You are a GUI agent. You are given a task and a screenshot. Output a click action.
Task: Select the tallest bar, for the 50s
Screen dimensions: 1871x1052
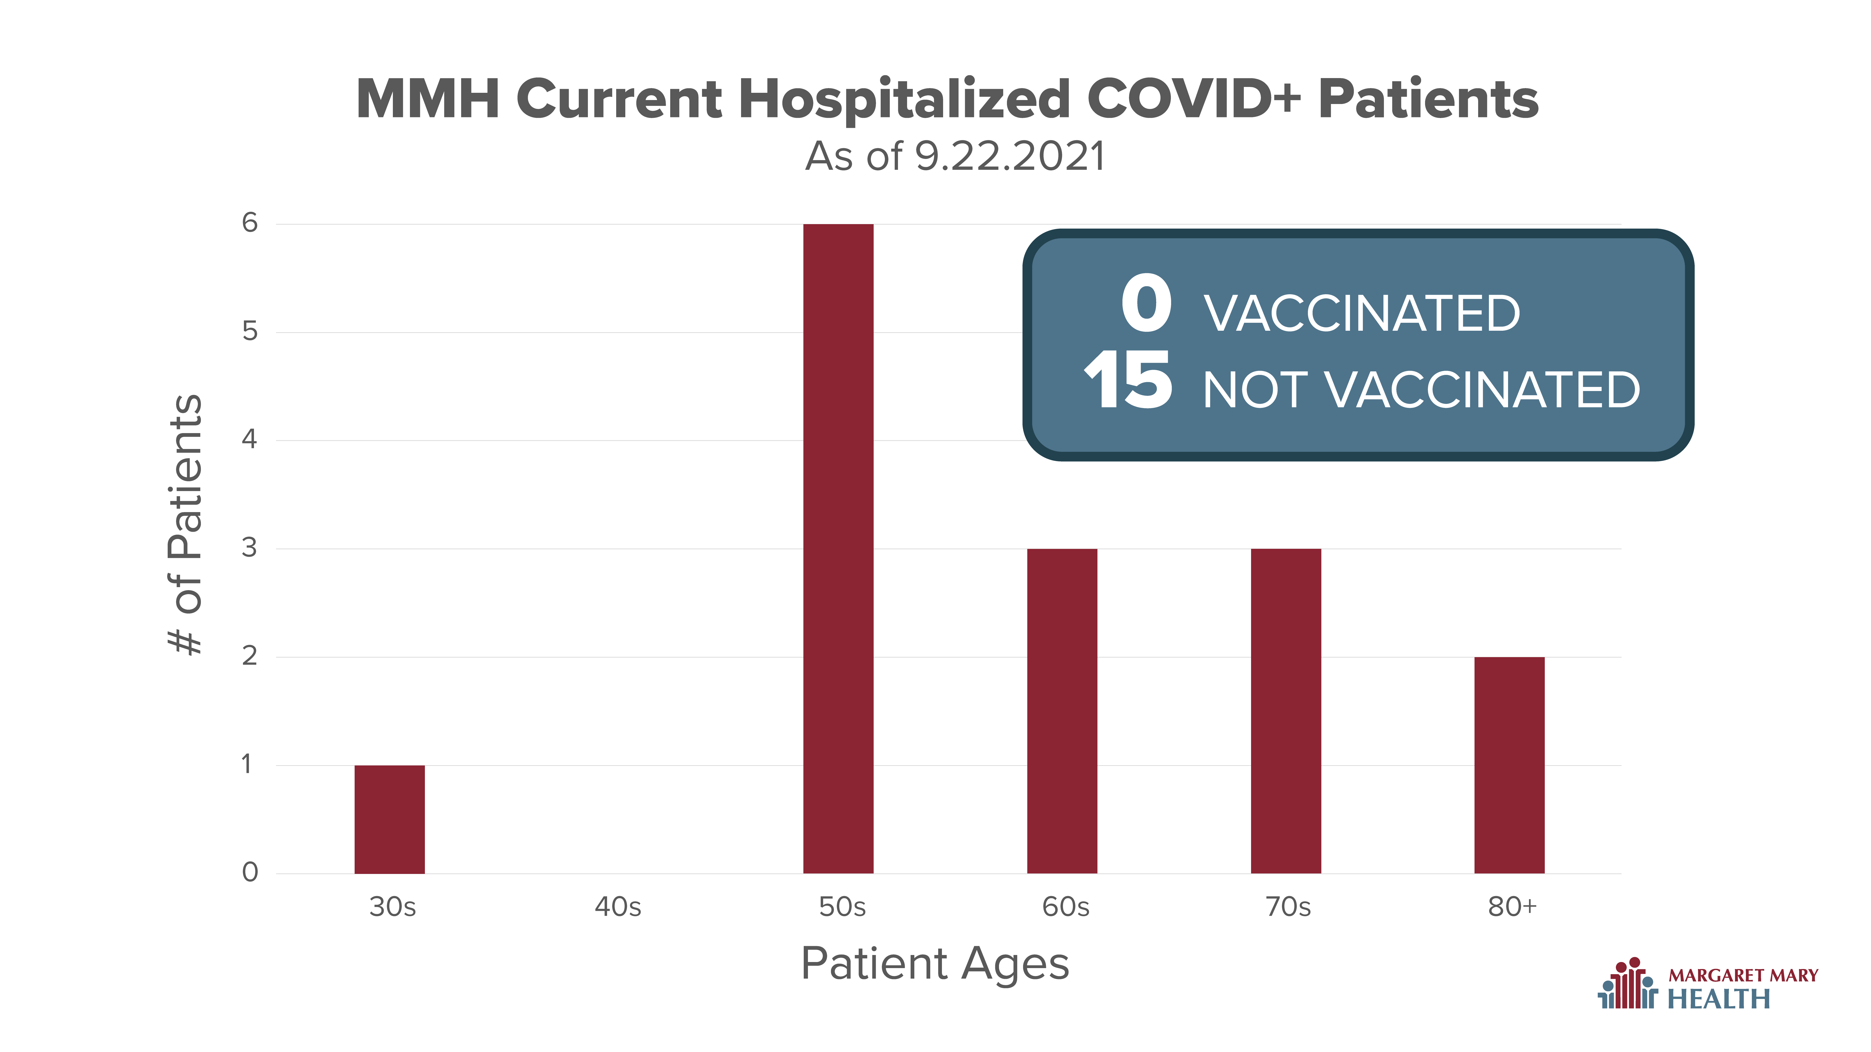(x=838, y=549)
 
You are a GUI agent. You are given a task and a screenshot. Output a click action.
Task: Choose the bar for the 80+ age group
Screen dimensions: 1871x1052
(x=1509, y=765)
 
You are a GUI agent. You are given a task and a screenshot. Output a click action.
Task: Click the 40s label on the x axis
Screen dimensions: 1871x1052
(x=617, y=907)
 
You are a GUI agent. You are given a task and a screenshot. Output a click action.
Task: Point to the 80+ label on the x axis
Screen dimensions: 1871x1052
(x=1512, y=907)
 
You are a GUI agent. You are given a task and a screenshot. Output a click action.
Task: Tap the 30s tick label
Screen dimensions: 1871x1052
(x=392, y=907)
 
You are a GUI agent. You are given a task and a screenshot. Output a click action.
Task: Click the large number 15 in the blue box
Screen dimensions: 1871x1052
(x=1128, y=379)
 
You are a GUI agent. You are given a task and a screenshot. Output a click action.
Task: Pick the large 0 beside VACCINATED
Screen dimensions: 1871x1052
(x=1146, y=303)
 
